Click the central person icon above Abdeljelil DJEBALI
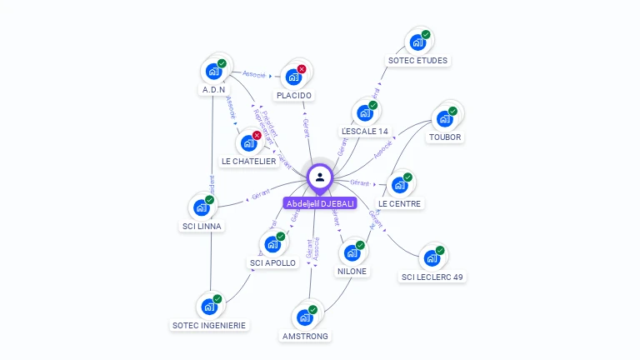(320, 177)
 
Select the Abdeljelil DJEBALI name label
(320, 203)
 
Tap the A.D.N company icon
(213, 72)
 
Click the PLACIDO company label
(294, 95)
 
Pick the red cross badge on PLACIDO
(302, 69)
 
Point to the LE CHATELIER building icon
(248, 142)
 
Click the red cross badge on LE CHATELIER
(257, 135)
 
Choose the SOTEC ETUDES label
(417, 60)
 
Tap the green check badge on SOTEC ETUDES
(426, 35)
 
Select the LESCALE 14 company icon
(364, 113)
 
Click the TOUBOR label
(445, 137)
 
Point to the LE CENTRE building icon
(399, 185)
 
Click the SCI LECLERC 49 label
(432, 277)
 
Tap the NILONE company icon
(352, 253)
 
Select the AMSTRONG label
(305, 336)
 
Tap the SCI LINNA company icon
(202, 207)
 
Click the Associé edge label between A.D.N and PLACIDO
(254, 75)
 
